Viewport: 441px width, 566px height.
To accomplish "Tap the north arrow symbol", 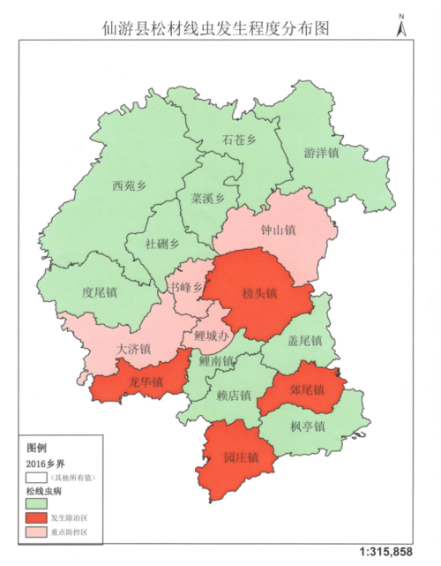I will pos(401,27).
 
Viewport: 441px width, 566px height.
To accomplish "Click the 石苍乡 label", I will pos(239,140).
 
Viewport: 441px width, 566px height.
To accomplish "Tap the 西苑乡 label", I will pos(129,186).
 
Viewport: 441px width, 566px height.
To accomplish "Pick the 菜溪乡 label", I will pos(208,199).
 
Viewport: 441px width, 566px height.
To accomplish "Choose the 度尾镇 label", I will pos(99,291).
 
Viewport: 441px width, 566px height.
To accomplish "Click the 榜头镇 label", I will pos(261,293).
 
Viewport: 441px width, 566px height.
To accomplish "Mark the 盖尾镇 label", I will pos(306,341).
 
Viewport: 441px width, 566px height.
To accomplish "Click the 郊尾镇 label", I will pos(307,389).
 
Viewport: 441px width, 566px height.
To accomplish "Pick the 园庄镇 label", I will pos(240,457).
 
